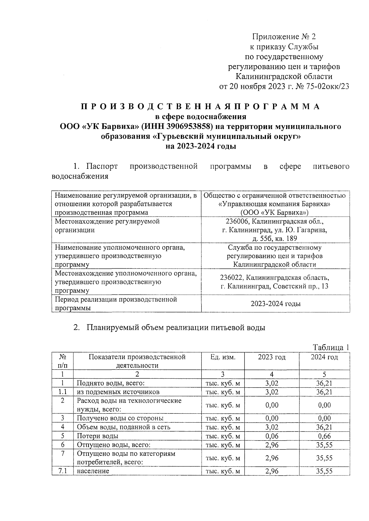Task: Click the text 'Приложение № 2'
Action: pos(284,37)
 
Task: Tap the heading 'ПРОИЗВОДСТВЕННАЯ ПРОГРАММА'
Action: pos(200,107)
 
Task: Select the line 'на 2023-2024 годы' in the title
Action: pos(200,146)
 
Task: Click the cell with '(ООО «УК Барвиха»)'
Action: pos(275,212)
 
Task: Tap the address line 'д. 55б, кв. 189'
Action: pos(275,239)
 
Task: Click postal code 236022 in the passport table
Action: pos(232,278)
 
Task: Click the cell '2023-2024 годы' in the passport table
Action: pos(276,304)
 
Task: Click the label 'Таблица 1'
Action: pos(331,347)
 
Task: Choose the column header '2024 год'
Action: pos(324,357)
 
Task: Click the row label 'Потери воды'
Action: pos(97,436)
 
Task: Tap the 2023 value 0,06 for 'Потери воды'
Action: pos(272,436)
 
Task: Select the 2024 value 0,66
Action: pos(324,436)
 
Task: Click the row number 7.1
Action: pos(63,471)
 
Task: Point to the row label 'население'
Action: pos(93,471)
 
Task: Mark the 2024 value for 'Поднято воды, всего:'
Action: pos(324,383)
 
